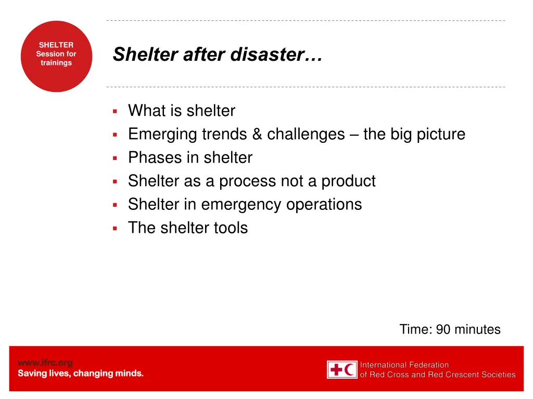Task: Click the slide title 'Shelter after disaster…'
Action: [x=218, y=54]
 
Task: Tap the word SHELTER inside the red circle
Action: [x=56, y=45]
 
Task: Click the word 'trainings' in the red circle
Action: [x=56, y=63]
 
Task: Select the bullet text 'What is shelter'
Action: [x=181, y=111]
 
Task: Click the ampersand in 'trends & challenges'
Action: [x=257, y=134]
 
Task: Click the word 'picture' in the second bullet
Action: [x=441, y=134]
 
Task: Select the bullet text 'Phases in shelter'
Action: [x=190, y=157]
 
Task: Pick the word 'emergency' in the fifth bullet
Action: [x=241, y=204]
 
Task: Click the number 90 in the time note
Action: [x=443, y=329]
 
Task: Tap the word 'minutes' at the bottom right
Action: [x=477, y=329]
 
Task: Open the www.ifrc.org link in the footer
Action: [x=45, y=363]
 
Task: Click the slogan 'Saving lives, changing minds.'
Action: [x=81, y=374]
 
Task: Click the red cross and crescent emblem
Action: [x=342, y=369]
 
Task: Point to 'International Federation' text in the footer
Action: [x=404, y=365]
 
